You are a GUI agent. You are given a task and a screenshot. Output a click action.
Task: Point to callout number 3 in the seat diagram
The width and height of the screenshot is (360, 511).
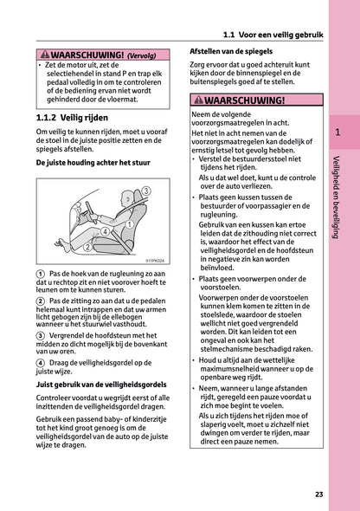point(145,191)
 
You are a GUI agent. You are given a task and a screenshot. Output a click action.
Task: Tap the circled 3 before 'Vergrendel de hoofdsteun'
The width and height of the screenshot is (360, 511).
point(42,334)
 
